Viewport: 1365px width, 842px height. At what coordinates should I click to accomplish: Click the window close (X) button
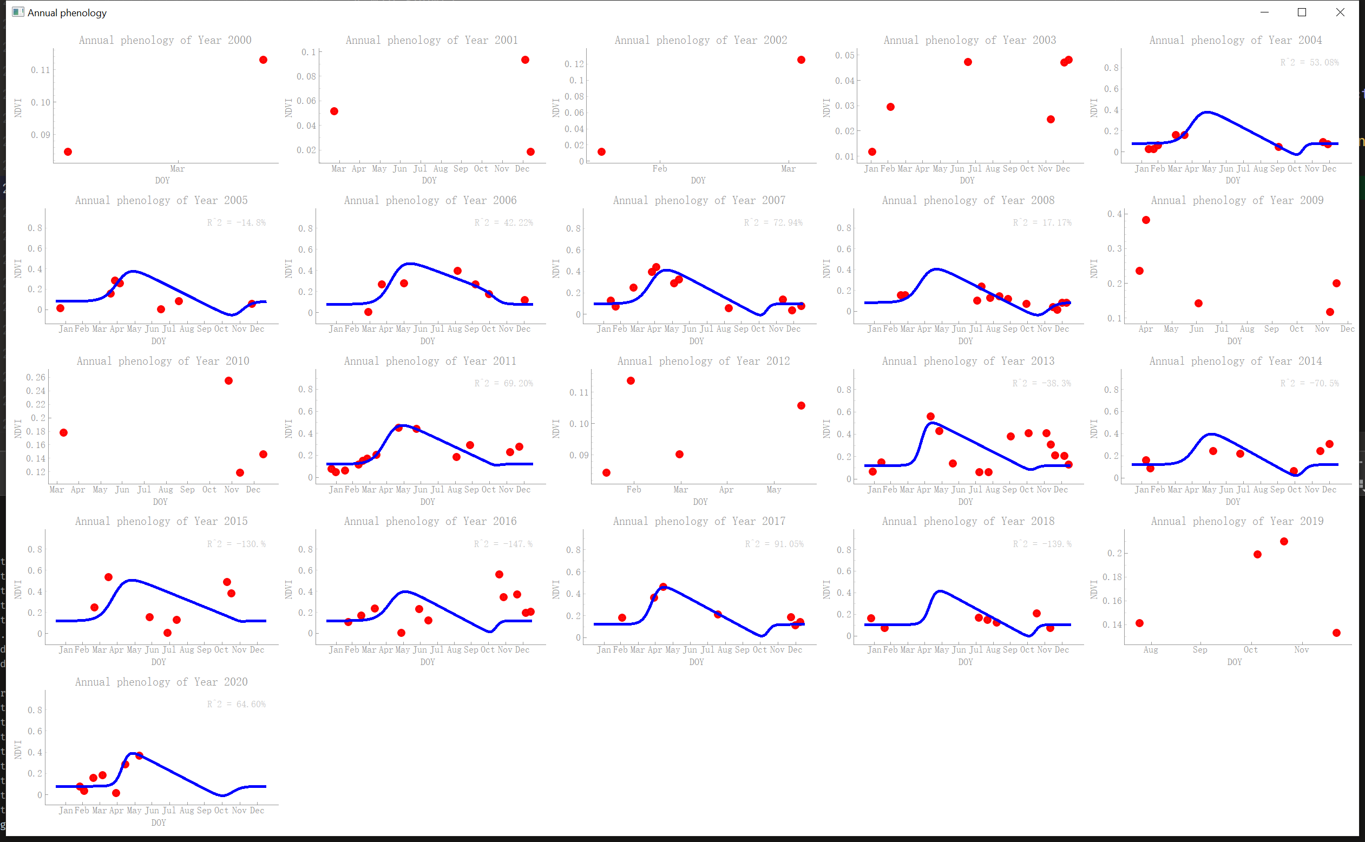click(x=1340, y=12)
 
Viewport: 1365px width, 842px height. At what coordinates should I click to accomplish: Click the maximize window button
click(x=1302, y=12)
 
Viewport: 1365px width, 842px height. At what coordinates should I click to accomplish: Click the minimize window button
click(x=1264, y=12)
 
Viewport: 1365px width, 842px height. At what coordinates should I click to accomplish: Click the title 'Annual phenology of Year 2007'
click(x=699, y=200)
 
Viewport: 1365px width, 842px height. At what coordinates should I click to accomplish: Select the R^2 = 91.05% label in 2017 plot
click(x=774, y=544)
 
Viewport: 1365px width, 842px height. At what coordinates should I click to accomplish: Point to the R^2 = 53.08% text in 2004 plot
click(x=1309, y=62)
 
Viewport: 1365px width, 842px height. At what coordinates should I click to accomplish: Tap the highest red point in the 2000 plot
click(x=264, y=60)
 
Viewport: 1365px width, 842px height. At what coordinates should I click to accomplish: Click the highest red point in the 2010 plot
click(x=228, y=381)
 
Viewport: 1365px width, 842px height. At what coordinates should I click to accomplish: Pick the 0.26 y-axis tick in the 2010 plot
click(x=36, y=378)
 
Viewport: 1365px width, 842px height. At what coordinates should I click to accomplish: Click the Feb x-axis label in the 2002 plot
click(x=659, y=169)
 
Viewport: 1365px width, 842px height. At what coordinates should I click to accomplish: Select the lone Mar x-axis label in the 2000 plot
click(x=177, y=169)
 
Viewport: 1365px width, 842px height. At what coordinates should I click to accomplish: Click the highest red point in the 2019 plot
click(x=1284, y=542)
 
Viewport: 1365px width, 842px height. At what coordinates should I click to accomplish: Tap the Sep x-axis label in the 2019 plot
click(x=1199, y=650)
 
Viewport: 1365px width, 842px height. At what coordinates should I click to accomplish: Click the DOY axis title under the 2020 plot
click(x=159, y=823)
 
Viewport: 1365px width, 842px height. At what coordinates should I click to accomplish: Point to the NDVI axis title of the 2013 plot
click(x=826, y=429)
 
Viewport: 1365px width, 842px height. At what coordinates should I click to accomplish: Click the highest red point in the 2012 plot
click(x=631, y=381)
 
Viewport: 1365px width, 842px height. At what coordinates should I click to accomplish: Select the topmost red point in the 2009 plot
click(x=1146, y=220)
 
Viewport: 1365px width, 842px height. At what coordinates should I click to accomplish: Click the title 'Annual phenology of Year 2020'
click(x=161, y=682)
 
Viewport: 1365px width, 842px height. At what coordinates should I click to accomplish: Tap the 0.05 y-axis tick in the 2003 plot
click(x=844, y=55)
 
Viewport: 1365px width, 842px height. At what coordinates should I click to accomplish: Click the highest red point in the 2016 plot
click(x=499, y=574)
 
